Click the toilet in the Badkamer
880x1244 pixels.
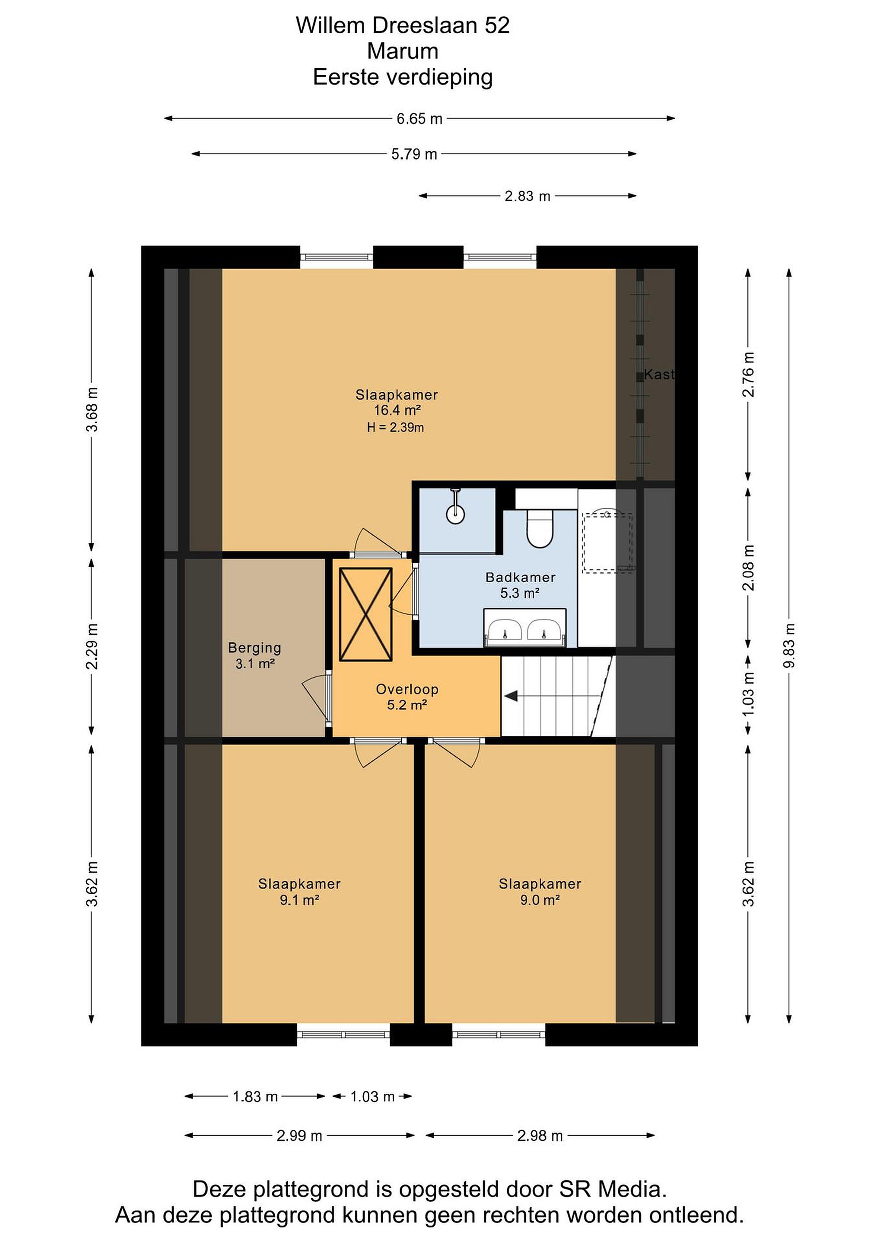click(539, 528)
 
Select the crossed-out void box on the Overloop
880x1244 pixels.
click(366, 614)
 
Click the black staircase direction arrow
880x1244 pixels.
click(511, 696)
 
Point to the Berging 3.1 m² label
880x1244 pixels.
click(255, 655)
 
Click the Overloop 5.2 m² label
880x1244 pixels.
click(407, 697)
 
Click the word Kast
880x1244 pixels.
click(659, 374)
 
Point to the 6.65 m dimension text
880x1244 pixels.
click(419, 119)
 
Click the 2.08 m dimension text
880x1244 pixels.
click(748, 567)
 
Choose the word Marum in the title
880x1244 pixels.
click(403, 51)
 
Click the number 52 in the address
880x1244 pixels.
click(497, 25)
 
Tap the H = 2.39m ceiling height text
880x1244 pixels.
click(396, 428)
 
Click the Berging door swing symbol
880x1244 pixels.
click(316, 699)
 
